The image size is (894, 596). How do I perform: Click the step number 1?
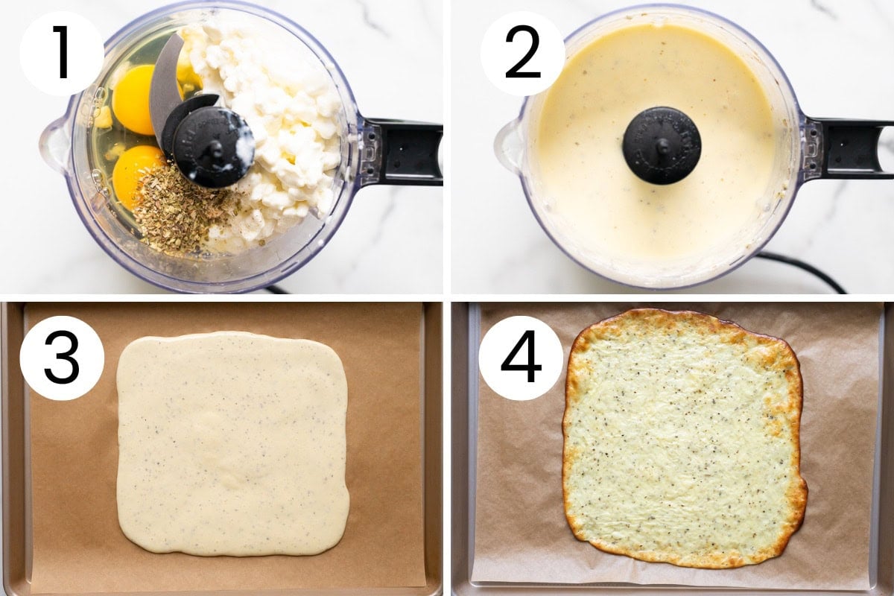click(x=62, y=52)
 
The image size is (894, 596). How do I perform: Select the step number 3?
click(x=62, y=358)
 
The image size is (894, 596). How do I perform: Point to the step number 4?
click(x=521, y=357)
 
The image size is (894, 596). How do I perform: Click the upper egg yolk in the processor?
click(x=133, y=100)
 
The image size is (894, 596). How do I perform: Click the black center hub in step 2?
click(x=662, y=146)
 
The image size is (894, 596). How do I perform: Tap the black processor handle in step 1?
click(x=403, y=152)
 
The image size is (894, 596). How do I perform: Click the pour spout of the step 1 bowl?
click(x=54, y=140)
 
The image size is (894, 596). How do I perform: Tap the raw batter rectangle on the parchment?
click(x=232, y=443)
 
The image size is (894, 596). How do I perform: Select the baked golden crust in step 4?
click(x=685, y=438)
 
